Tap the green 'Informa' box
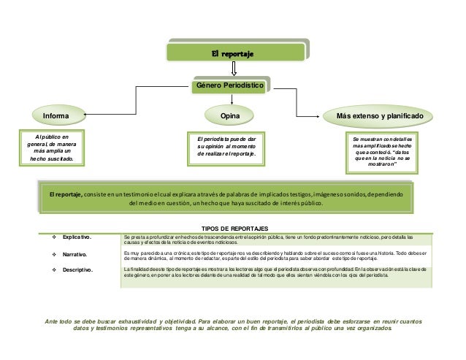click(56, 115)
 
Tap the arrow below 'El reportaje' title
click(233, 68)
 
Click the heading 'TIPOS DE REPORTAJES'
click(234, 229)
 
